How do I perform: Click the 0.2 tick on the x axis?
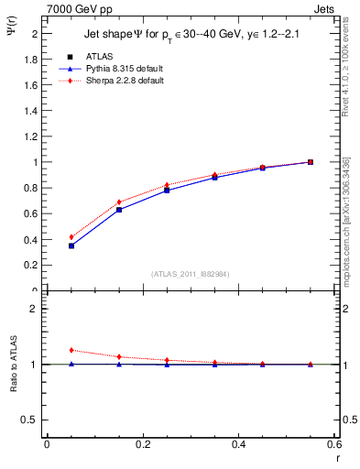pos(142,444)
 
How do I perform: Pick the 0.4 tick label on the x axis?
pos(238,444)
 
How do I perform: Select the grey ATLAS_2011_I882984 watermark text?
pos(191,274)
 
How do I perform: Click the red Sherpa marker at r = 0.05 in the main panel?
pos(71,237)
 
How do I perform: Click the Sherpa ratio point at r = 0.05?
pos(71,350)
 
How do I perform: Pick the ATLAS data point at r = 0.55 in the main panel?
pos(311,162)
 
